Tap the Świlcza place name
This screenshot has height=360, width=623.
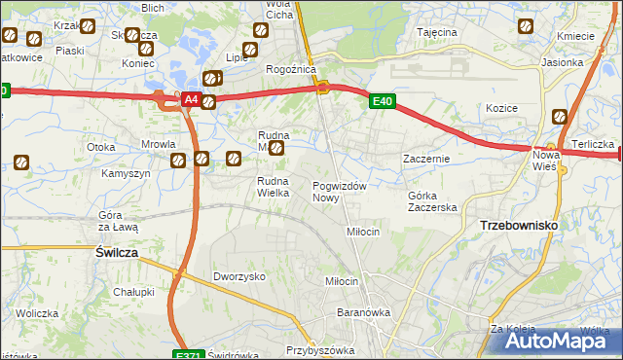click(x=117, y=251)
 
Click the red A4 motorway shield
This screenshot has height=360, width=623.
click(x=191, y=100)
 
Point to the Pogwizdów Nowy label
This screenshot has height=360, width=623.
click(x=339, y=192)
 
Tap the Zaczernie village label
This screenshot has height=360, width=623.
click(x=426, y=158)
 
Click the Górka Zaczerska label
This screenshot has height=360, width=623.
click(x=432, y=201)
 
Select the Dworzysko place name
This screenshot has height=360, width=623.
click(x=239, y=276)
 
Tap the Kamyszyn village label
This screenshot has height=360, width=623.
click(x=126, y=173)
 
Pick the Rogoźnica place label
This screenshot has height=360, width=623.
click(x=290, y=70)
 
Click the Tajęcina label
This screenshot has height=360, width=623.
click(x=437, y=32)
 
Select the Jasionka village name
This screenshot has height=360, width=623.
click(x=563, y=62)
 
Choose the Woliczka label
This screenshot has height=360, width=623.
click(x=38, y=313)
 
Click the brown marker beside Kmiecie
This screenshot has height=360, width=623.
click(x=527, y=27)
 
